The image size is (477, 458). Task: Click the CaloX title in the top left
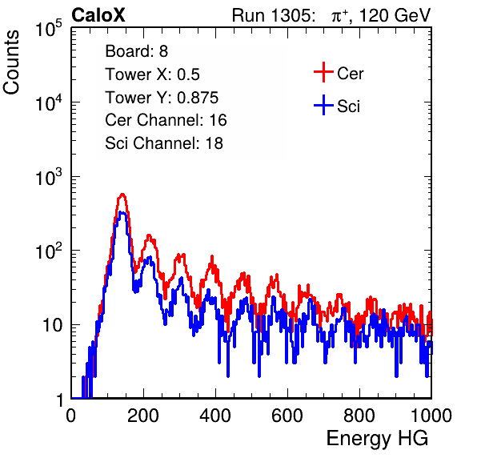(98, 15)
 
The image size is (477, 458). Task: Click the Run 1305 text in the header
(273, 15)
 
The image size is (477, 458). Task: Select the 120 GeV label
(395, 15)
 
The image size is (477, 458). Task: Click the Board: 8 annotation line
(137, 51)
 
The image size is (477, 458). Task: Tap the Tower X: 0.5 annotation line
(152, 74)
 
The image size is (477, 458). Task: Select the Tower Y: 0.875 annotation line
(162, 98)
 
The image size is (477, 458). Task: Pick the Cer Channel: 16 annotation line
(166, 120)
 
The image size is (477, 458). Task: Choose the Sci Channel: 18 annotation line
(164, 143)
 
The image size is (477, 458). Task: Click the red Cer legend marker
(323, 72)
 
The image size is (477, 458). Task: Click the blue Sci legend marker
(323, 106)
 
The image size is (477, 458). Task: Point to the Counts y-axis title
(11, 62)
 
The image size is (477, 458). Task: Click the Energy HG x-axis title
(377, 438)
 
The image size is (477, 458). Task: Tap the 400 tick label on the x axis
(215, 416)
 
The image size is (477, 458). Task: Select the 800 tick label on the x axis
(359, 416)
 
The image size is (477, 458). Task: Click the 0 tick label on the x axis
(71, 416)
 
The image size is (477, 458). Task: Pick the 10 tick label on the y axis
(52, 325)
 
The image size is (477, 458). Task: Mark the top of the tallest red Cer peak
(122, 194)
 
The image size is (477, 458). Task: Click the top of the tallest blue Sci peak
(122, 212)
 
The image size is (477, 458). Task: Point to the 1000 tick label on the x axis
(431, 416)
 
